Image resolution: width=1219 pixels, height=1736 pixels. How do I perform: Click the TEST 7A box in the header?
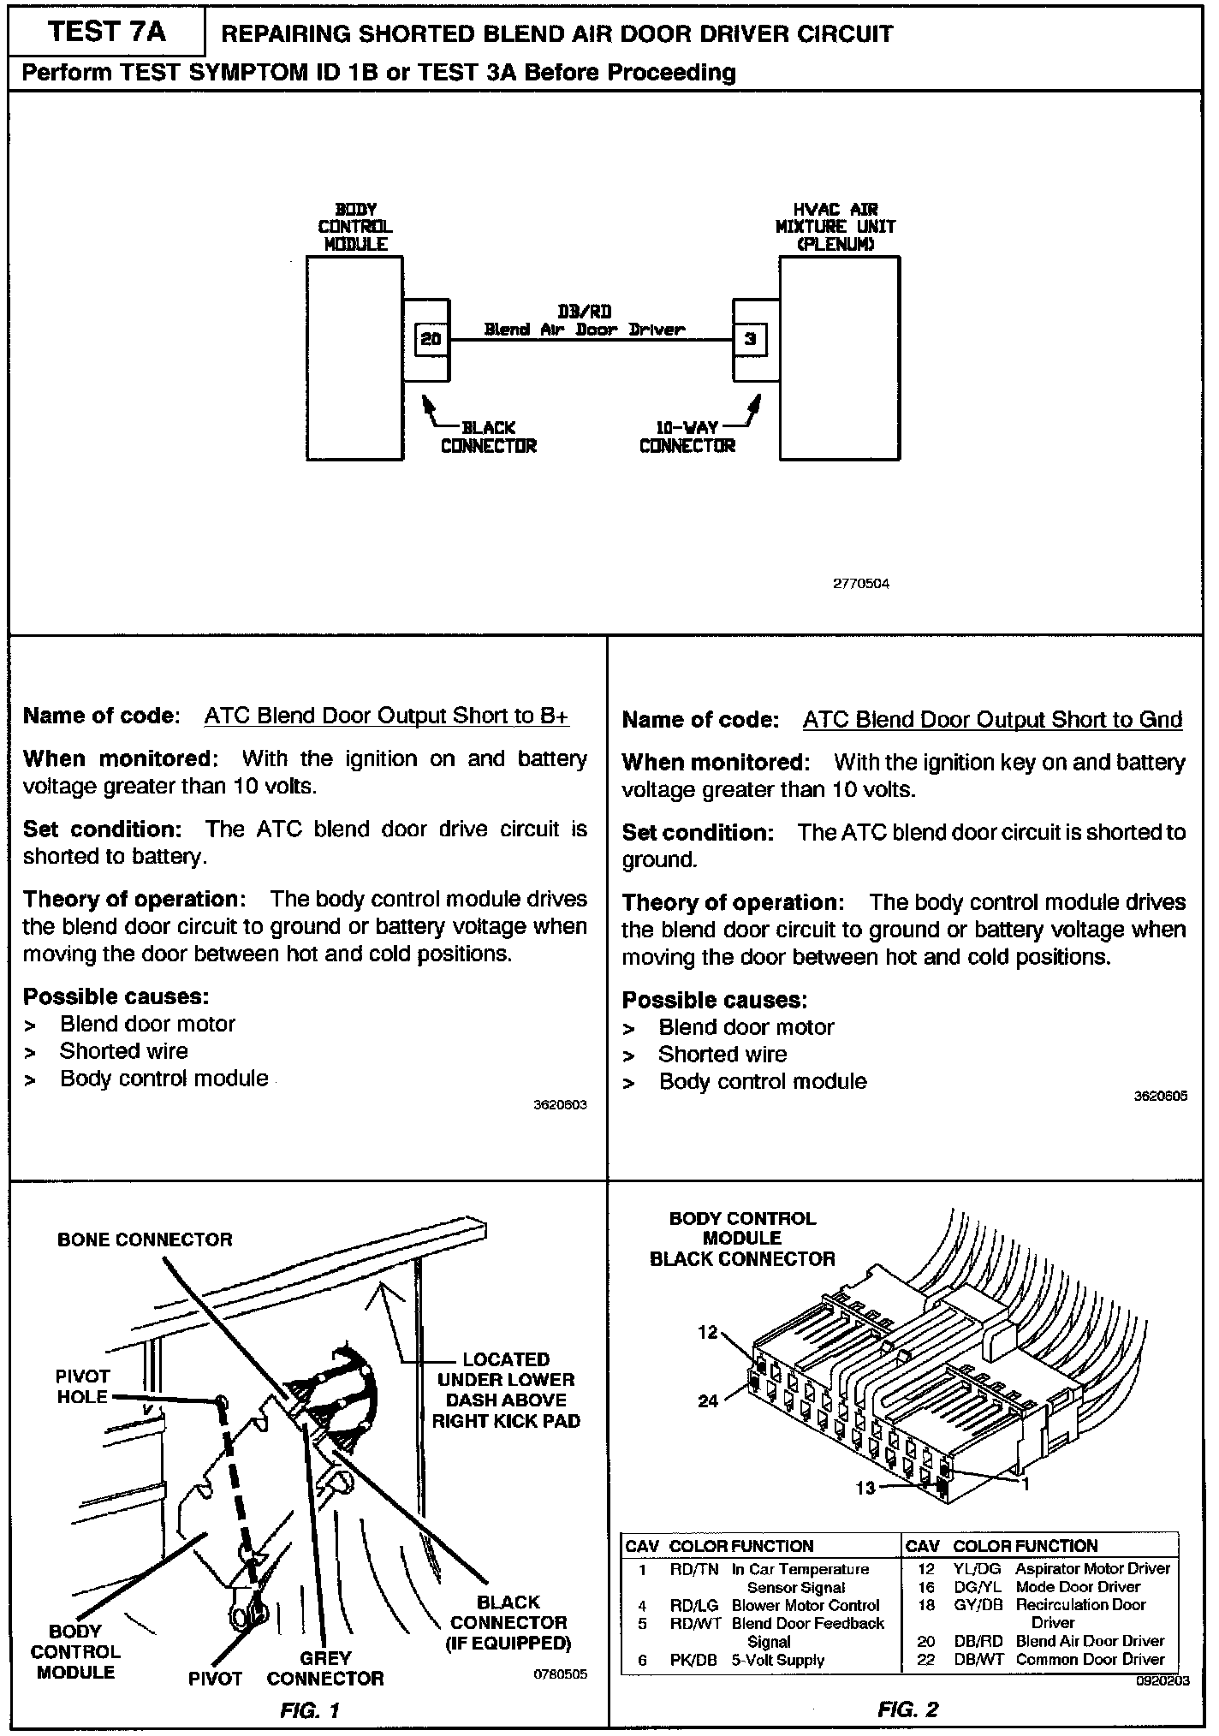pos(107,33)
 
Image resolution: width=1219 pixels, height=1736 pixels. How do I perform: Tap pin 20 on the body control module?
pos(431,340)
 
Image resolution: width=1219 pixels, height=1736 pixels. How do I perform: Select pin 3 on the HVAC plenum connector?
pos(750,340)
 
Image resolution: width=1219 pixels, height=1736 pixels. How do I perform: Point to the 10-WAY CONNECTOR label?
pos(687,437)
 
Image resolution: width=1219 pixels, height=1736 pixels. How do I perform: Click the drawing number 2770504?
pos(861,584)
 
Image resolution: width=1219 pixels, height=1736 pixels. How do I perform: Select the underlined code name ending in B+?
pos(386,716)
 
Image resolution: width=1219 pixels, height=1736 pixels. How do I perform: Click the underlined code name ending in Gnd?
pos(992,720)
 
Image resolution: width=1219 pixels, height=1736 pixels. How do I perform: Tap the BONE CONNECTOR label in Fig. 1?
pos(145,1240)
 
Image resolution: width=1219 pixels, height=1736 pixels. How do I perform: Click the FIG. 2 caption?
pos(908,1709)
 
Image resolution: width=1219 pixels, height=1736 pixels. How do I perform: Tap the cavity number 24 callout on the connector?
pos(708,1401)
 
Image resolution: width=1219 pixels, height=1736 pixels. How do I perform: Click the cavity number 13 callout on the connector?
pos(865,1488)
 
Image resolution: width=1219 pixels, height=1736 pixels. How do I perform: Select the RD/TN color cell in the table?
pos(693,1569)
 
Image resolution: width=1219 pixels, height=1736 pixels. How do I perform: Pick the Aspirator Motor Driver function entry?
pos(1092,1568)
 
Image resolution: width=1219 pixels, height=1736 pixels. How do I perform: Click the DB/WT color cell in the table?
pos(978,1659)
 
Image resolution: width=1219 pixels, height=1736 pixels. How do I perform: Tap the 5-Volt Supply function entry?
pos(777,1660)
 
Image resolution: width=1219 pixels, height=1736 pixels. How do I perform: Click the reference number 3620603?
pos(561,1105)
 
